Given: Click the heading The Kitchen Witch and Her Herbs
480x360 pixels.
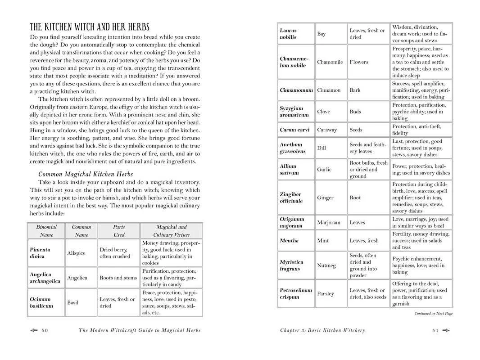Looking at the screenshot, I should (90, 27).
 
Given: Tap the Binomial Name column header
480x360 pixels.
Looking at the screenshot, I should (46, 231).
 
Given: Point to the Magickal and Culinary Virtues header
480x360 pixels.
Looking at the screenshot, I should (171, 231).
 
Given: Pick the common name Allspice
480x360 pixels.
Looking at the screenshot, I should (76, 253).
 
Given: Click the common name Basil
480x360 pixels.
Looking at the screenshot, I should (72, 302).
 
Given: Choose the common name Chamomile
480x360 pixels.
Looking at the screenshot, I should (330, 62).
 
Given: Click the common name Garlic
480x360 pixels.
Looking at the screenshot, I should (324, 170).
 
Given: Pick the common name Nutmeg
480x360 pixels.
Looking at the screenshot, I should (326, 265).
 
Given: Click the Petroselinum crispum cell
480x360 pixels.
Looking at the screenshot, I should (295, 293).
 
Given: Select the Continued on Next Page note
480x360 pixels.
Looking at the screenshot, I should (433, 314).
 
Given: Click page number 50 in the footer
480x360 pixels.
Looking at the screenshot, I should (44, 330).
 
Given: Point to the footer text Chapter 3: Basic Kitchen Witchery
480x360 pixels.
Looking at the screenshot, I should (322, 330).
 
